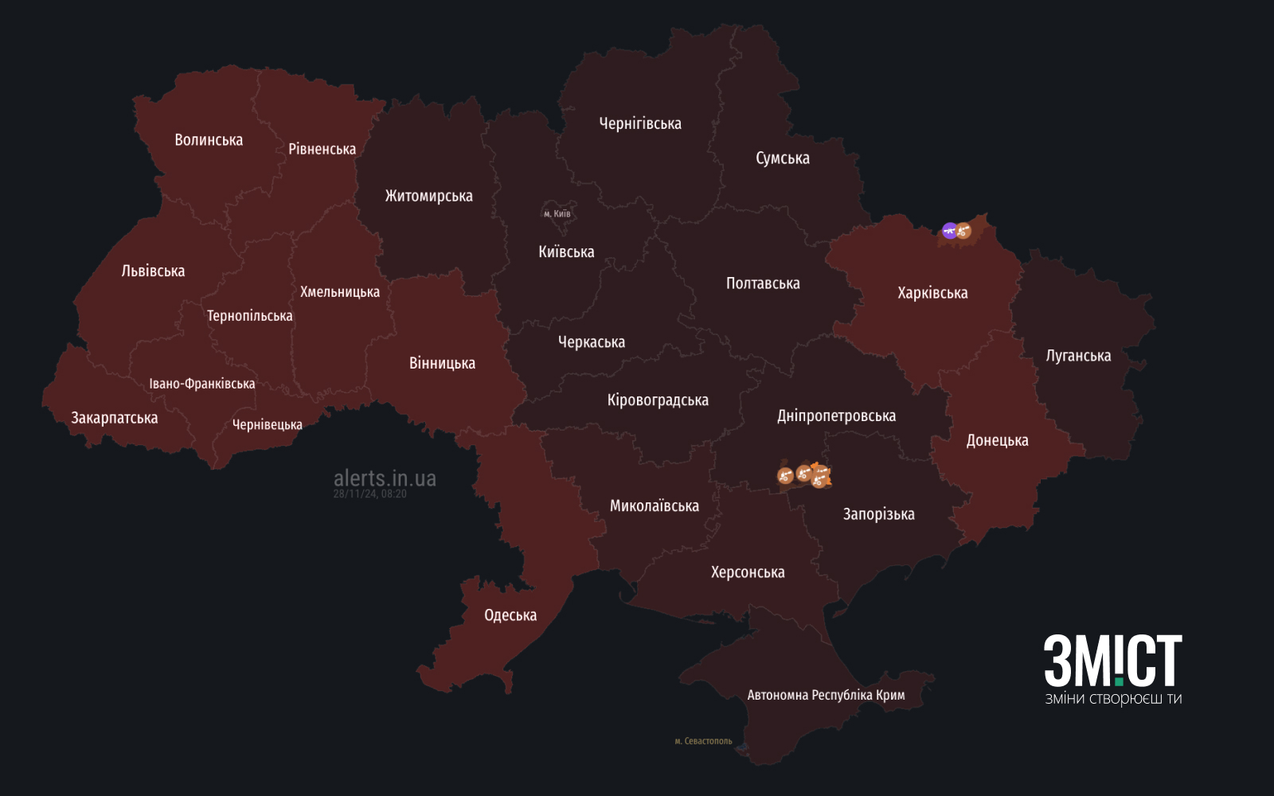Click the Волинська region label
(209, 140)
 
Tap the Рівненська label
(322, 149)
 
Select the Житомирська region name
(428, 196)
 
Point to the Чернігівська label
(640, 123)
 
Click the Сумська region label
(782, 158)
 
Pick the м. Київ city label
(557, 213)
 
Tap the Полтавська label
(763, 283)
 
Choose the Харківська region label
(932, 293)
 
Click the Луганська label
(1078, 356)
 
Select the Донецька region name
(997, 440)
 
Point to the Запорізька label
(878, 514)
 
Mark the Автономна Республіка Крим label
(826, 695)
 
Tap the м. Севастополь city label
(703, 741)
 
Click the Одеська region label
(510, 615)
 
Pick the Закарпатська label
(115, 418)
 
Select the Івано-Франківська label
(202, 384)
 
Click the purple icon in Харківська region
(949, 231)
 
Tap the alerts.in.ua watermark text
(385, 478)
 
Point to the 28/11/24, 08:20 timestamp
(369, 494)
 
